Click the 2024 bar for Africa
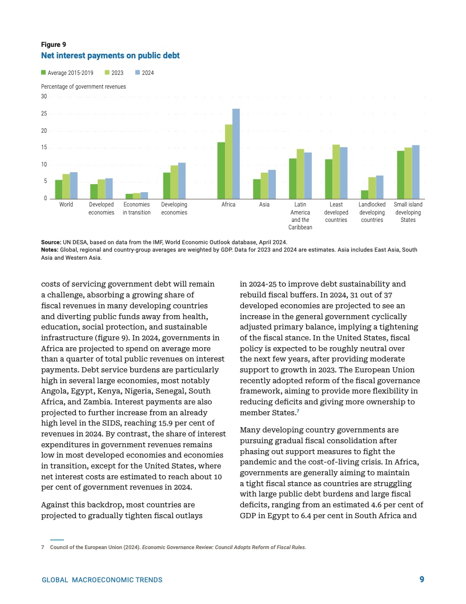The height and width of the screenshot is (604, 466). pyautogui.click(x=236, y=153)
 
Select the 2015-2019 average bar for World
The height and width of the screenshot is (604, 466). pyautogui.click(x=58, y=189)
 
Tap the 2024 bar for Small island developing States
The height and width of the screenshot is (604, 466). pyautogui.click(x=416, y=172)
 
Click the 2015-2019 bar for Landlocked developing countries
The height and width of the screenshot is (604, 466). pyautogui.click(x=364, y=194)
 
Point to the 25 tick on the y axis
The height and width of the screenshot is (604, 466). pyautogui.click(x=44, y=114)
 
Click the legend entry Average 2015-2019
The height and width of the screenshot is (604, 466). pyautogui.click(x=67, y=73)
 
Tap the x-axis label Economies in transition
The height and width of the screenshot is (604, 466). pyautogui.click(x=136, y=208)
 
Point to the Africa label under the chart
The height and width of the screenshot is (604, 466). pyautogui.click(x=228, y=204)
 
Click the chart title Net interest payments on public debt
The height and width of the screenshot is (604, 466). pyautogui.click(x=110, y=55)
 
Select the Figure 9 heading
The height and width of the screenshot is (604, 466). pyautogui.click(x=53, y=45)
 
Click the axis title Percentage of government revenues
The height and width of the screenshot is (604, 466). pyautogui.click(x=83, y=86)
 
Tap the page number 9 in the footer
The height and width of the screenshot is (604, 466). pyautogui.click(x=421, y=579)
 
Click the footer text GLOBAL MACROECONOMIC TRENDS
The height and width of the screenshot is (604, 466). pyautogui.click(x=102, y=580)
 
